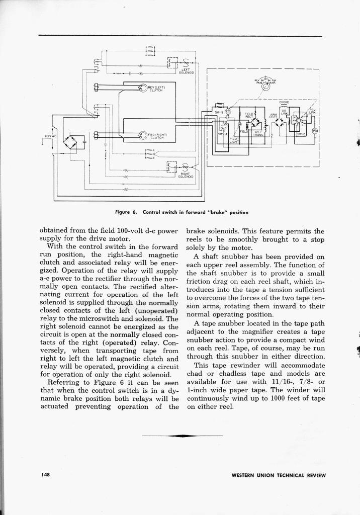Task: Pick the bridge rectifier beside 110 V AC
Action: (73, 142)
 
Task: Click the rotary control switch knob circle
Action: (266, 85)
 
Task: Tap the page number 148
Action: (45, 475)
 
